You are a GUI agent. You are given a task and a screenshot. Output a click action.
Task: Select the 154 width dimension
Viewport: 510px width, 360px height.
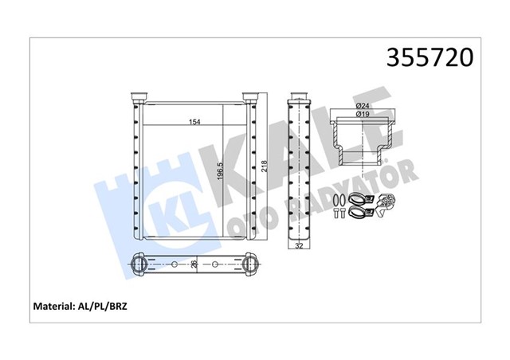click(x=193, y=122)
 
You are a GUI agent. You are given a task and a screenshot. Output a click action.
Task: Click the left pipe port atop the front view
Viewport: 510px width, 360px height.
click(x=138, y=96)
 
